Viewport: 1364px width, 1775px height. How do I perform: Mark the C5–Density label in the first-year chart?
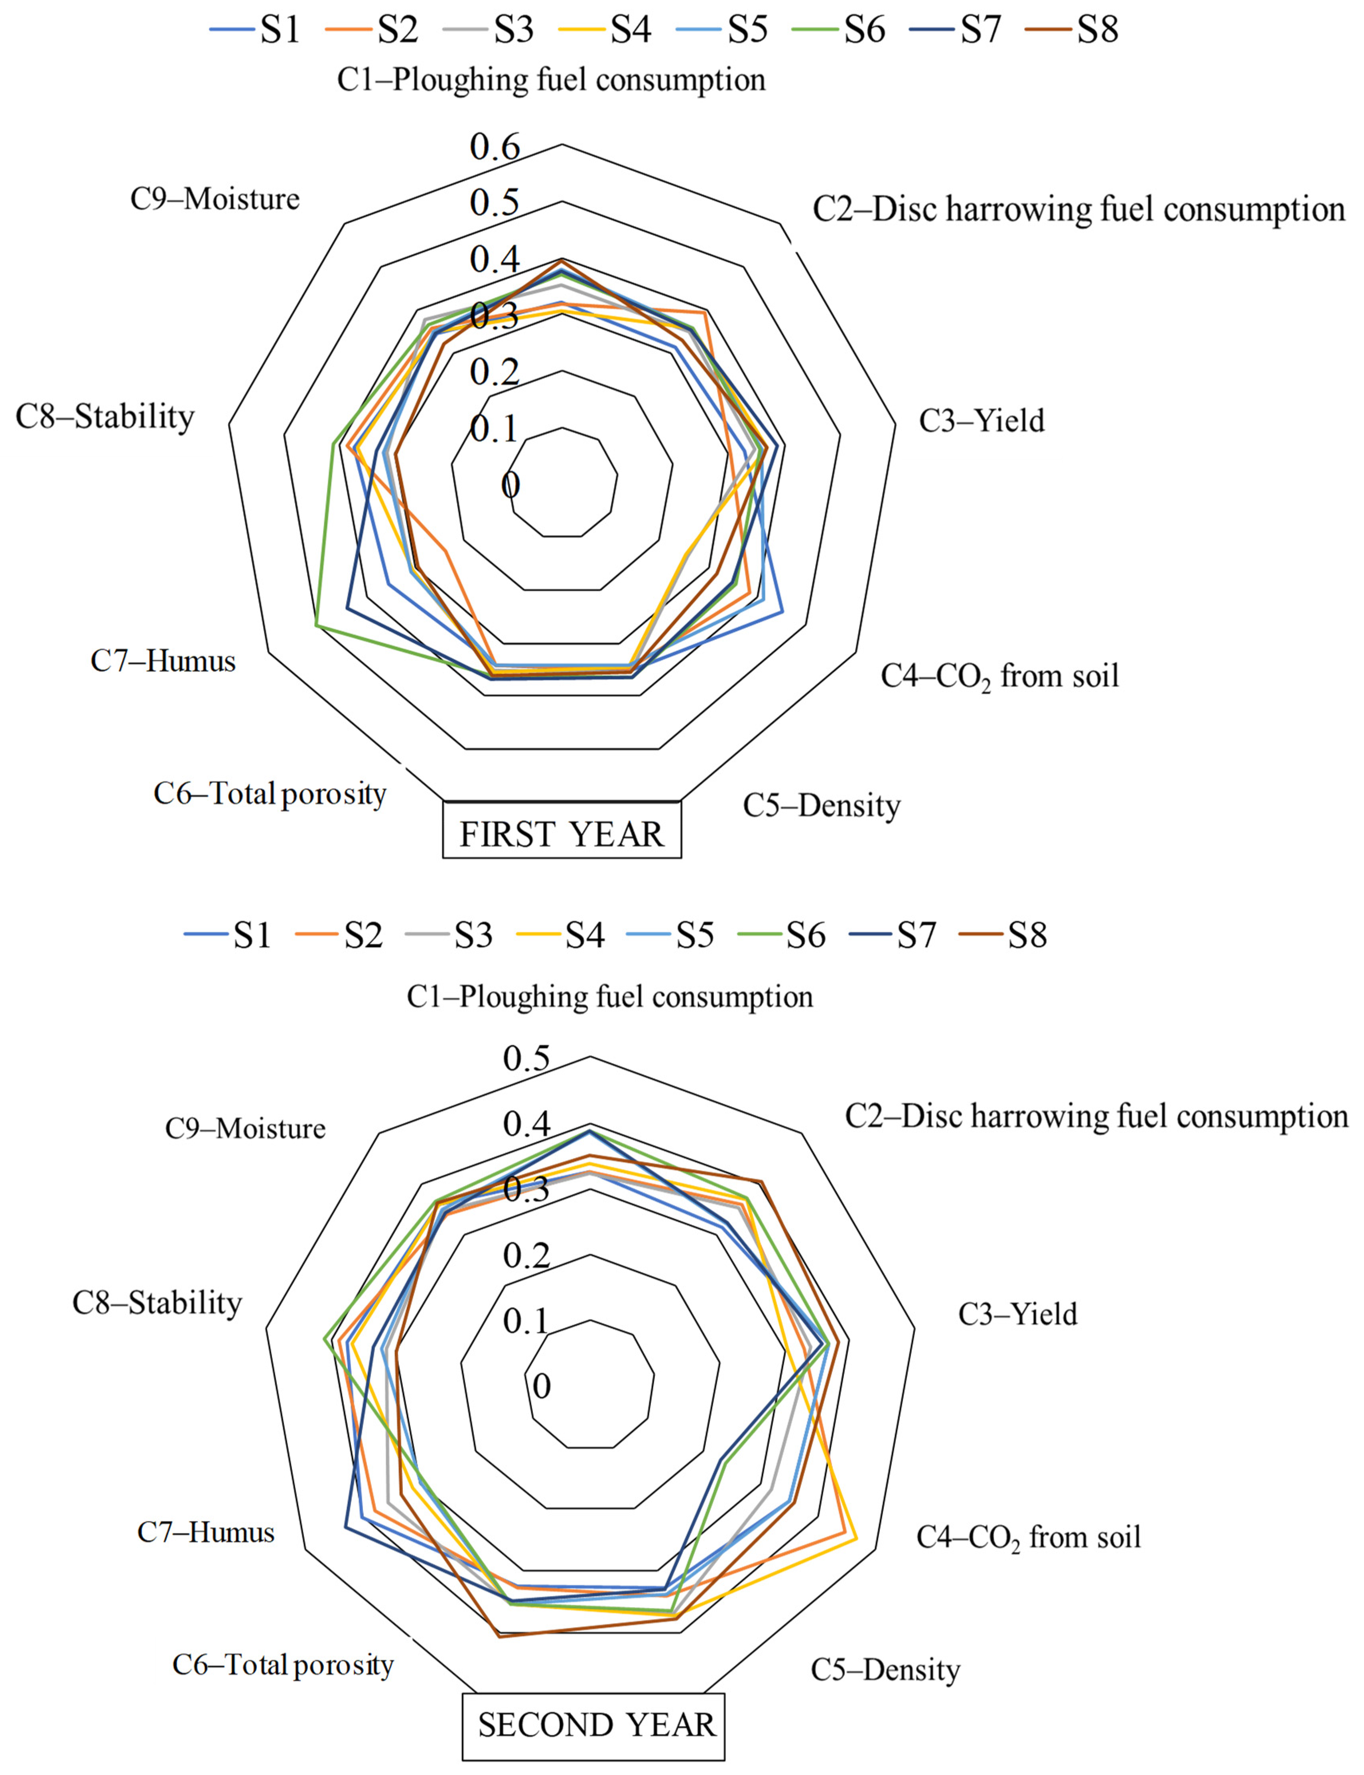pyautogui.click(x=822, y=805)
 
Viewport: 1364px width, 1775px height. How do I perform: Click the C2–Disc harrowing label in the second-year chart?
pyautogui.click(x=1096, y=1116)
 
